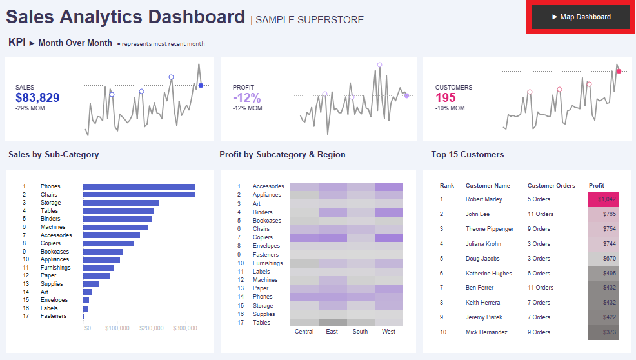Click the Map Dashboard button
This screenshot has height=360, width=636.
pyautogui.click(x=581, y=17)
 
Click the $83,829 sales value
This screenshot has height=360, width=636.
pyautogui.click(x=37, y=98)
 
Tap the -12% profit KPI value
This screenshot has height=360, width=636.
pyautogui.click(x=247, y=98)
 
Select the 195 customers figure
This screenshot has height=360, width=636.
pyautogui.click(x=445, y=98)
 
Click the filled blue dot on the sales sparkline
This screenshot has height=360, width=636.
pyautogui.click(x=201, y=85)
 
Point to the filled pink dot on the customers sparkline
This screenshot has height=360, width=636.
pyautogui.click(x=619, y=71)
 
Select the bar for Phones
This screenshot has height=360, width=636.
pyautogui.click(x=139, y=186)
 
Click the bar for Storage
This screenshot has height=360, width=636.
pyautogui.click(x=121, y=203)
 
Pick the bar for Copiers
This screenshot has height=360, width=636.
pyautogui.click(x=108, y=243)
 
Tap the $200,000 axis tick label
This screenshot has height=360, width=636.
pyautogui.click(x=152, y=328)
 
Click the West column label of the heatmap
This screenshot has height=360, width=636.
pyautogui.click(x=388, y=332)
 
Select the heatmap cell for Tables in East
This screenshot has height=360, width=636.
pyautogui.click(x=332, y=322)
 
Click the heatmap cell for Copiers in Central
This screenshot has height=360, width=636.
pyautogui.click(x=304, y=237)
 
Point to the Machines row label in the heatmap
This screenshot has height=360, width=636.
pyautogui.click(x=265, y=280)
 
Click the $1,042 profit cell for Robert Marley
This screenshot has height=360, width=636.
pyautogui.click(x=603, y=199)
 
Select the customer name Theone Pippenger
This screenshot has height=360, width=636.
pyautogui.click(x=490, y=229)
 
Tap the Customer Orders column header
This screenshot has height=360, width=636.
pyautogui.click(x=551, y=186)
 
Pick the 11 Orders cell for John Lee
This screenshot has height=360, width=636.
pyautogui.click(x=541, y=214)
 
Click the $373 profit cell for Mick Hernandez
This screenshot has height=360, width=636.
pyautogui.click(x=603, y=332)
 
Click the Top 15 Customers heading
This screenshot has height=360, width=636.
pyautogui.click(x=468, y=155)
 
